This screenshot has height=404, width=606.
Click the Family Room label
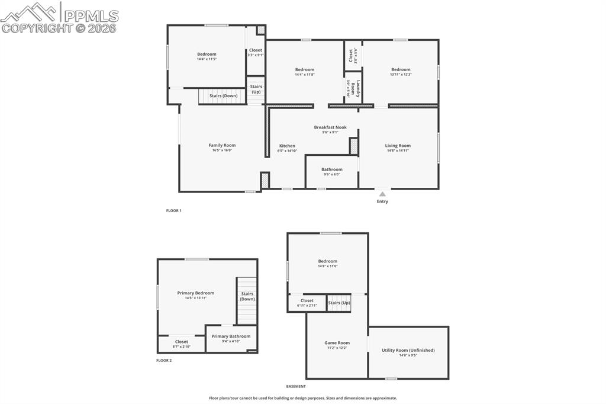tap(222, 145)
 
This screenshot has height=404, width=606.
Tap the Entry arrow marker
tap(382, 194)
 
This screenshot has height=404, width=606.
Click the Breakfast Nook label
tap(330, 127)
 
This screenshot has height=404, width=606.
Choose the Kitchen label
tap(287, 146)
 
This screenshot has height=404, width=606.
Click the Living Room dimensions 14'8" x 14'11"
tap(398, 150)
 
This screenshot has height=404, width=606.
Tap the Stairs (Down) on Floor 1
tap(223, 95)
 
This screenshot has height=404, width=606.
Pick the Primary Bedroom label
tap(195, 293)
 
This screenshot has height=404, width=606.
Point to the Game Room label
tap(337, 343)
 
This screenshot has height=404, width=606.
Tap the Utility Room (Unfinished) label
tap(408, 350)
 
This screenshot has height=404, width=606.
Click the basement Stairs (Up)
tap(339, 303)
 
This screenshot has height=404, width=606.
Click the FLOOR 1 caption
tap(173, 210)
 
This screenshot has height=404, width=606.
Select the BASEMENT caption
tap(296, 386)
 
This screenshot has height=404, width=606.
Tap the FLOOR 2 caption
tap(164, 360)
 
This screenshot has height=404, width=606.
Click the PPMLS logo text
tap(89, 16)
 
